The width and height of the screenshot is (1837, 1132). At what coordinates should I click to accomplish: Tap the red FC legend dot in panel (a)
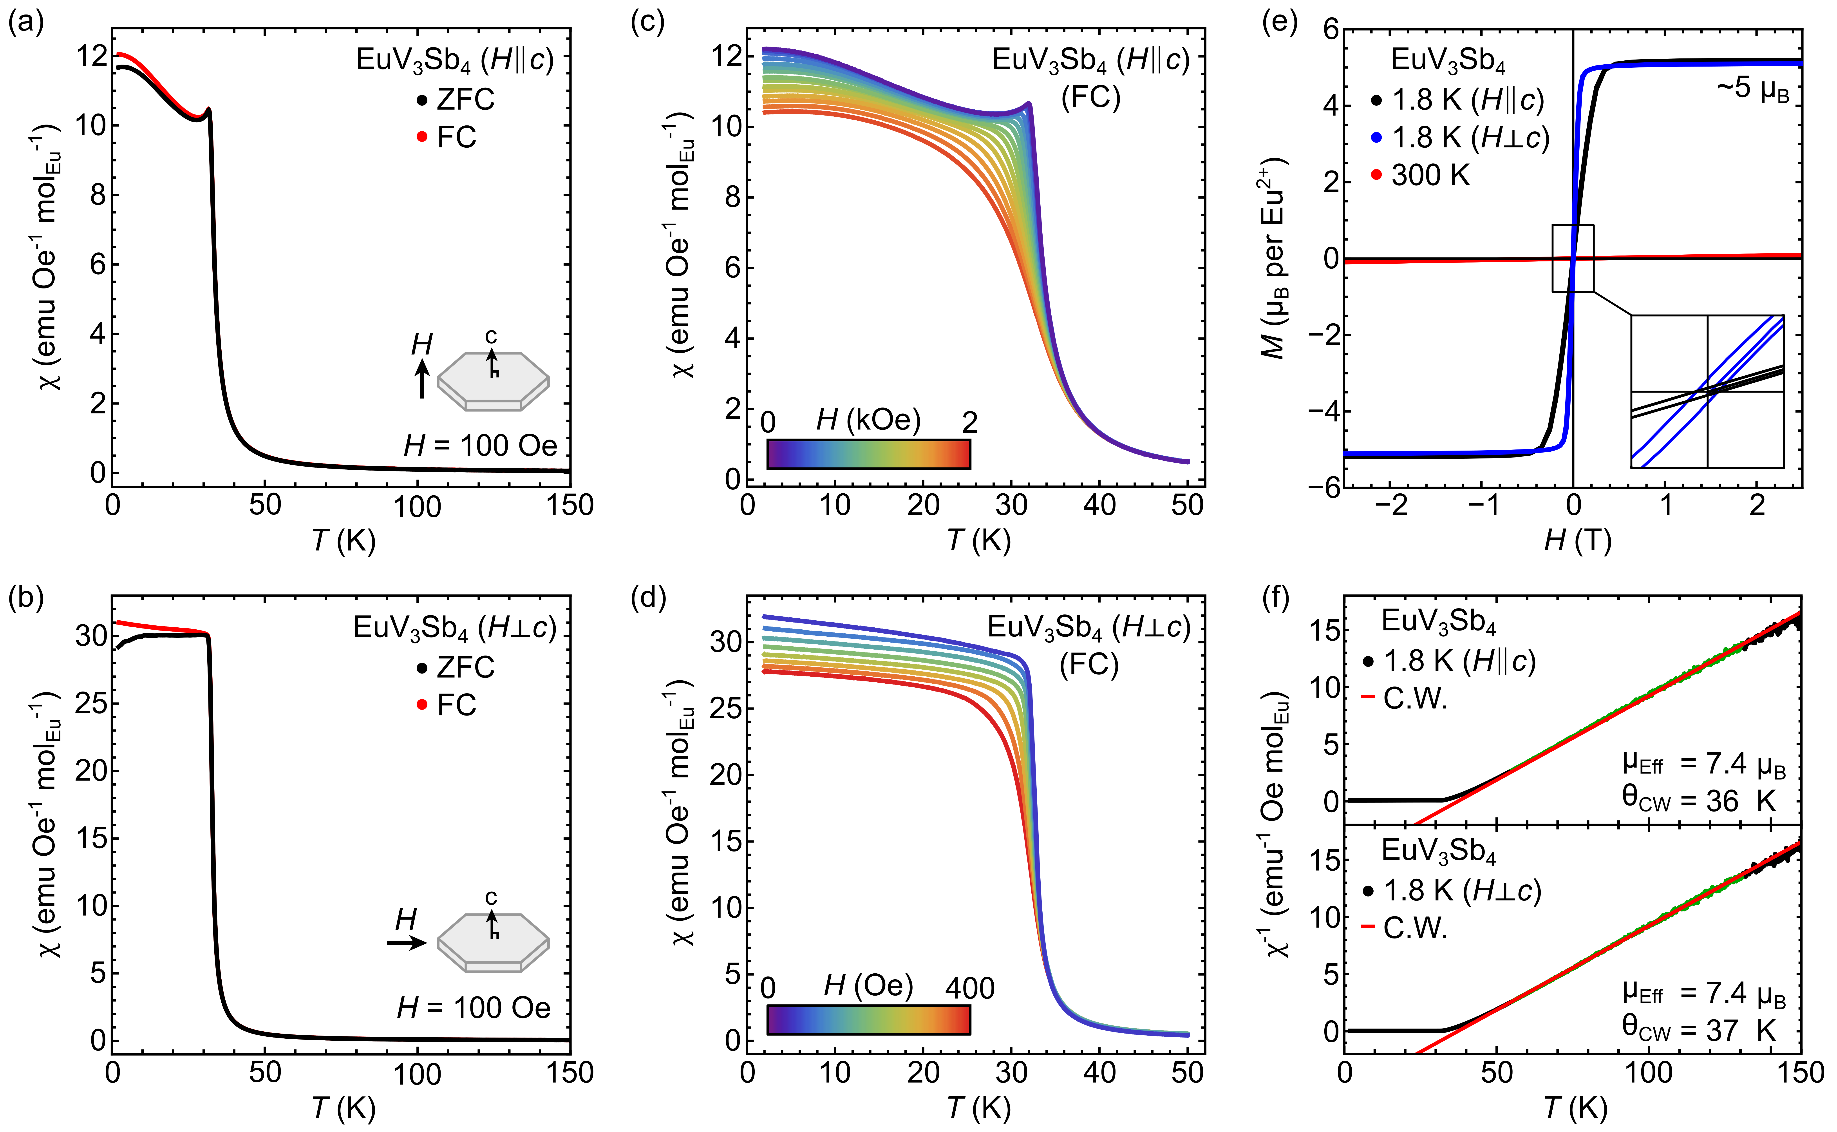pos(422,136)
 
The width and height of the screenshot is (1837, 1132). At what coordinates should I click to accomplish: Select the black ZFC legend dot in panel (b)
pos(422,667)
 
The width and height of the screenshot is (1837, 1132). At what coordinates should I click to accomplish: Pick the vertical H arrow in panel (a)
pos(422,378)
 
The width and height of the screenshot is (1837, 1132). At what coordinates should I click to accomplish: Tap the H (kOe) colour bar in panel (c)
pos(868,454)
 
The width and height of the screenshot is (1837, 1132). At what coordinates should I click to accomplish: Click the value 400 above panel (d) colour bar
pos(969,988)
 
